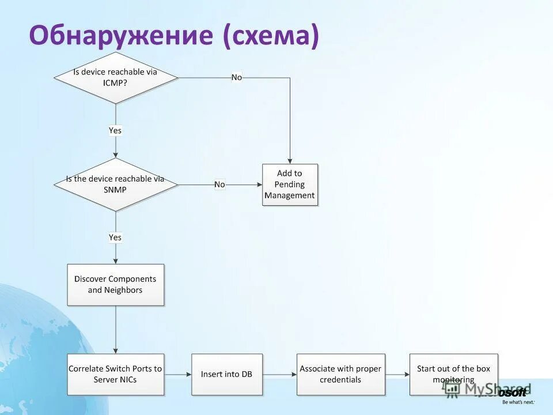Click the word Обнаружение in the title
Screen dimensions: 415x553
pyautogui.click(x=121, y=36)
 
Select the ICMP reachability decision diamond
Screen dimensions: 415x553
pyautogui.click(x=116, y=78)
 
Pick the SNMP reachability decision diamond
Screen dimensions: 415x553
pyautogui.click(x=116, y=184)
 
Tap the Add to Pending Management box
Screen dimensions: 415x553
pyautogui.click(x=290, y=184)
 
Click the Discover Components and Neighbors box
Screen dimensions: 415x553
pyautogui.click(x=116, y=285)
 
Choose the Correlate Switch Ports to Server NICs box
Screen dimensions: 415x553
pyautogui.click(x=116, y=374)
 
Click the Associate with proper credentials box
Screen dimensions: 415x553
pyautogui.click(x=340, y=374)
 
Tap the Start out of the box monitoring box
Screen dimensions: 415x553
pyautogui.click(x=453, y=374)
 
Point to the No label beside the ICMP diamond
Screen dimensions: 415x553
pyautogui.click(x=237, y=77)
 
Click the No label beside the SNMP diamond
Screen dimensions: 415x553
pyautogui.click(x=219, y=184)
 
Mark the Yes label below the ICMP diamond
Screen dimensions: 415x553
pyautogui.click(x=115, y=130)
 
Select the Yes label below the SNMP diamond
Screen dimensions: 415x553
pyautogui.click(x=115, y=237)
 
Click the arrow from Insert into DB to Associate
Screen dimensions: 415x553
pyautogui.click(x=279, y=375)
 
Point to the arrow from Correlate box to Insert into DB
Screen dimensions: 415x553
pyautogui.click(x=177, y=375)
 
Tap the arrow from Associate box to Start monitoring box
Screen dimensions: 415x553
pyautogui.click(x=397, y=375)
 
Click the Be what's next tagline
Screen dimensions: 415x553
pyautogui.click(x=517, y=402)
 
